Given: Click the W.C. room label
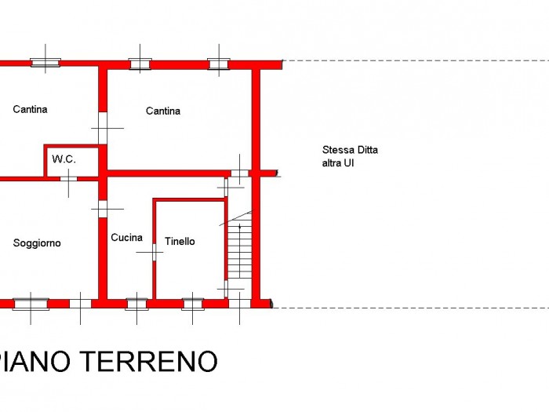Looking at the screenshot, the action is point(64,159).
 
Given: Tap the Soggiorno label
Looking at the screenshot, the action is point(37,243).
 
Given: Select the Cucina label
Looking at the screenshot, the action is point(126,238).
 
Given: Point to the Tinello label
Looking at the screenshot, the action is point(180,242).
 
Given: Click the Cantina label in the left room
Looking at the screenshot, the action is point(30,109).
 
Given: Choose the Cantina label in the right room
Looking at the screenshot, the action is point(163,111).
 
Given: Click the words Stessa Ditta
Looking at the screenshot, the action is point(350,150).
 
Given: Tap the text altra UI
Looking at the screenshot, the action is point(338,163).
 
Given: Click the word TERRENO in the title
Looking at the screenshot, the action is point(151,362).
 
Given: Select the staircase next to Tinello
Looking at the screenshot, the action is point(240,250).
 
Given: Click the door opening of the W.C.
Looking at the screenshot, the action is point(69,179).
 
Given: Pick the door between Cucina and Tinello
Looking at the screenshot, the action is point(154,252).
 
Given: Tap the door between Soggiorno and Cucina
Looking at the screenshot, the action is point(103,210).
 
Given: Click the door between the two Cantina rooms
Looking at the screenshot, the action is point(103,128).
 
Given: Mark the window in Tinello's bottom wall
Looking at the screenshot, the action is point(193,304).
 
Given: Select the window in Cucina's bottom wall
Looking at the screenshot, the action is point(137,304).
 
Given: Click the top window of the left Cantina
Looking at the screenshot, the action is point(45,63).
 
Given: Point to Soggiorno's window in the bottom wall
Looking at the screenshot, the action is point(31,304).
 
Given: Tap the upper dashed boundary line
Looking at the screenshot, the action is point(416,60).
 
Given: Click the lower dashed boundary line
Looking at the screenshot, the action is point(411,308).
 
